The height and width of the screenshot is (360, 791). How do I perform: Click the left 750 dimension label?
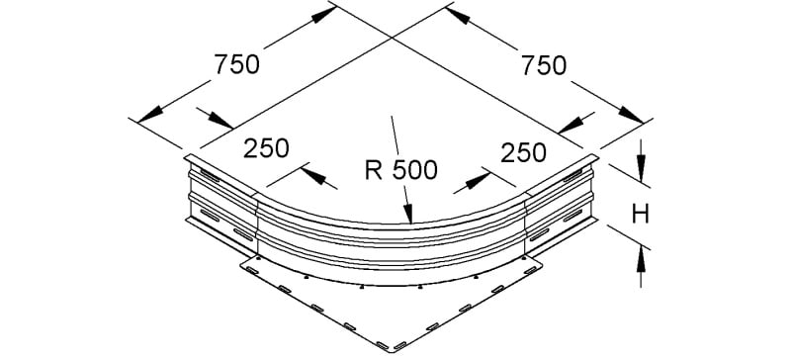click(236, 65)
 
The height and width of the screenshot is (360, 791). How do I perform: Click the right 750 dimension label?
click(544, 66)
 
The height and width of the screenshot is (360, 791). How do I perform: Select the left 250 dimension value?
click(266, 148)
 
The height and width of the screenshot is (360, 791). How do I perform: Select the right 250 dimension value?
click(523, 152)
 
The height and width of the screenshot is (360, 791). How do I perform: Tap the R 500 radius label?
click(401, 171)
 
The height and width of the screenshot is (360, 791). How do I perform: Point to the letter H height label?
click(640, 215)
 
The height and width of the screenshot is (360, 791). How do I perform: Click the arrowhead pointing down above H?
click(641, 168)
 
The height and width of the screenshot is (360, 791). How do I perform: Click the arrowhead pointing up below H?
click(641, 260)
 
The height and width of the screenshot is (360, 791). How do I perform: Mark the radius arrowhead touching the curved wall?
click(408, 213)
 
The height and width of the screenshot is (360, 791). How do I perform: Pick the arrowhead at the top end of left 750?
click(323, 15)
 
